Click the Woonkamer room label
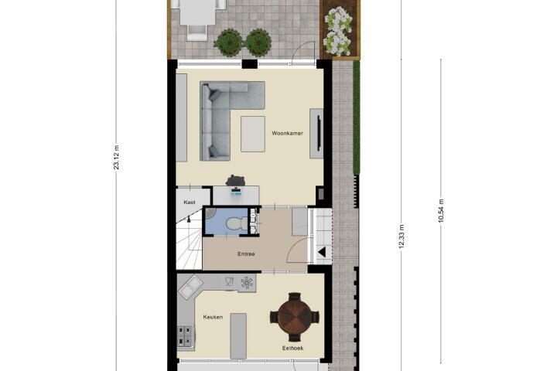[287, 133]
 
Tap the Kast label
[190, 202]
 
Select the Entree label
[246, 254]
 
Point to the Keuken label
[214, 317]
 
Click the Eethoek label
[292, 348]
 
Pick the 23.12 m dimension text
[117, 157]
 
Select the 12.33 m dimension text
[402, 236]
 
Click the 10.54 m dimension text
[441, 210]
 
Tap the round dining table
[295, 317]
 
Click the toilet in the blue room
[234, 223]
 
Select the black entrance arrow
[322, 253]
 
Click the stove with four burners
[186, 335]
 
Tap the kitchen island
[238, 336]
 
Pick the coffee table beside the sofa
[253, 134]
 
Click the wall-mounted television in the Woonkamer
[319, 133]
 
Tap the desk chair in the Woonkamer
[235, 181]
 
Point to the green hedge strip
[357, 117]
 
